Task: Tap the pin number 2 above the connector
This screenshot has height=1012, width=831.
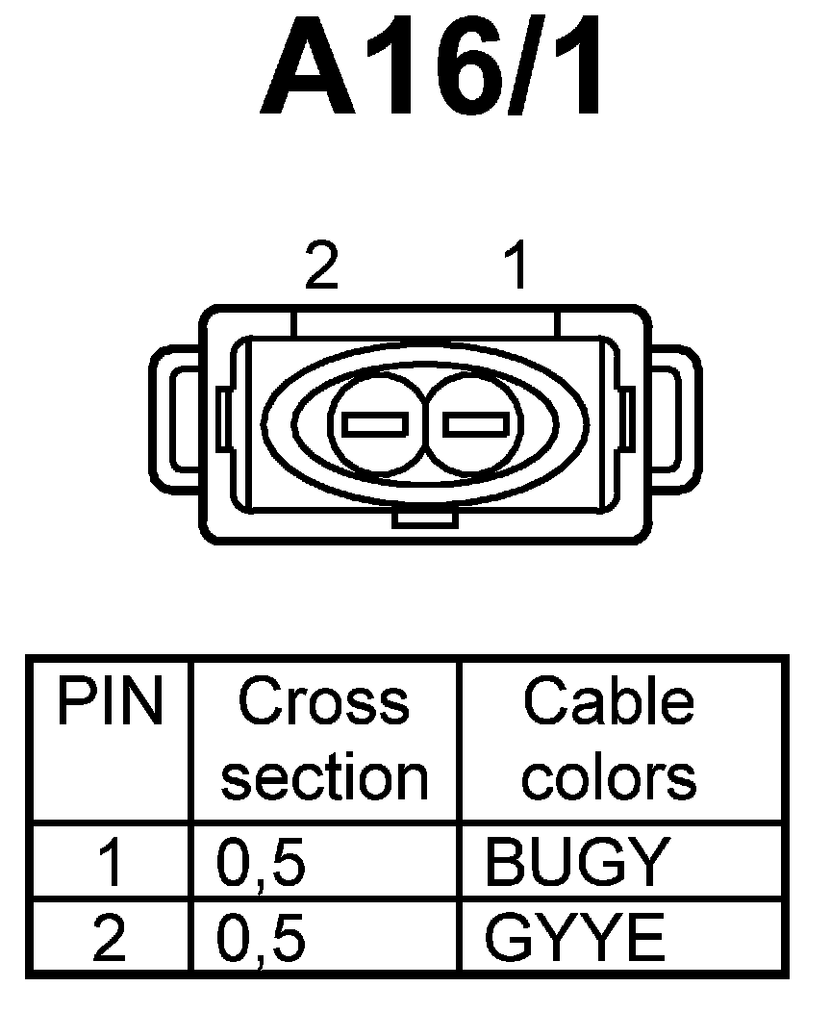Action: [321, 266]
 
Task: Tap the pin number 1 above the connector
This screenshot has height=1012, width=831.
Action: [516, 266]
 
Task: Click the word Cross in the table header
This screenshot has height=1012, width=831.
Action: [324, 703]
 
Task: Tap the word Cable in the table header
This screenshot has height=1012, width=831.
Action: [608, 703]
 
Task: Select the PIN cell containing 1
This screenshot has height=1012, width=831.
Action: [110, 862]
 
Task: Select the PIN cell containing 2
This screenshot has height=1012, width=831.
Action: [110, 938]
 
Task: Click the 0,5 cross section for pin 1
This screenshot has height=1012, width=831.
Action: [262, 862]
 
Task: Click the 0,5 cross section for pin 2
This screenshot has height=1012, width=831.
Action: [262, 938]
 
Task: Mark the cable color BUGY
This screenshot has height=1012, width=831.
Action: [576, 862]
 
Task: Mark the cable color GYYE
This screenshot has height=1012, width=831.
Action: [576, 938]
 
